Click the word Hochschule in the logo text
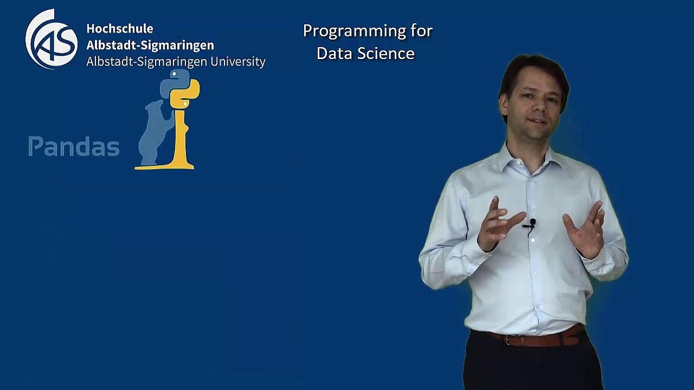120,29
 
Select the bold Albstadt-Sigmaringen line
150,45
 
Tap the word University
238,62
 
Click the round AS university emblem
51,39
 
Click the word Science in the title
386,53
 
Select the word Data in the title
335,53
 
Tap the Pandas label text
74,146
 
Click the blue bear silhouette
156,133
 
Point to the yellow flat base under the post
164,167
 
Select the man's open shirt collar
530,161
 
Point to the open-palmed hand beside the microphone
586,231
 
